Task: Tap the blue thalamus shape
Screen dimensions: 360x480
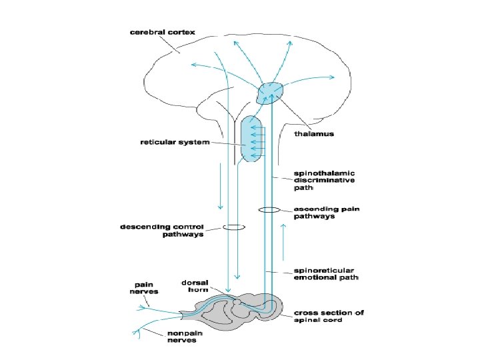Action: pyautogui.click(x=270, y=92)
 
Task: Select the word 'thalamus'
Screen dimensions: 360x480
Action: pyautogui.click(x=314, y=133)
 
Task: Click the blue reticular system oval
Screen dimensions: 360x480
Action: pyautogui.click(x=253, y=139)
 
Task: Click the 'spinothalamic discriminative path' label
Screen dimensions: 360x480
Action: pyautogui.click(x=325, y=180)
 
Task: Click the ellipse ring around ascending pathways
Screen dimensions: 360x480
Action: pyautogui.click(x=269, y=211)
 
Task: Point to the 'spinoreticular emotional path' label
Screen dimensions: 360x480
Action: pyautogui.click(x=326, y=275)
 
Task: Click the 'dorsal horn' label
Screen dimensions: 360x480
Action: pyautogui.click(x=195, y=286)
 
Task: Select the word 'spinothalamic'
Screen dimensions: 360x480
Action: pyautogui.click(x=326, y=173)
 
